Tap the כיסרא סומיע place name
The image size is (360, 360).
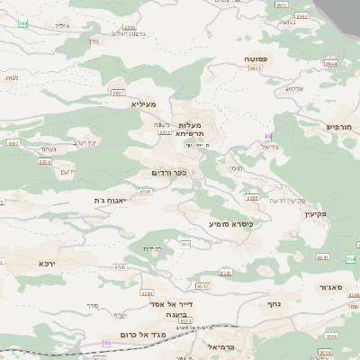click(230, 222)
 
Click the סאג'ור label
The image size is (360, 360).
click(333, 287)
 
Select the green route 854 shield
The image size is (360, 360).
click(185, 244)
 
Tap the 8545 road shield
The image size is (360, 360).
click(146, 192)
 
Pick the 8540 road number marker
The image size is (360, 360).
click(121, 267)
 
